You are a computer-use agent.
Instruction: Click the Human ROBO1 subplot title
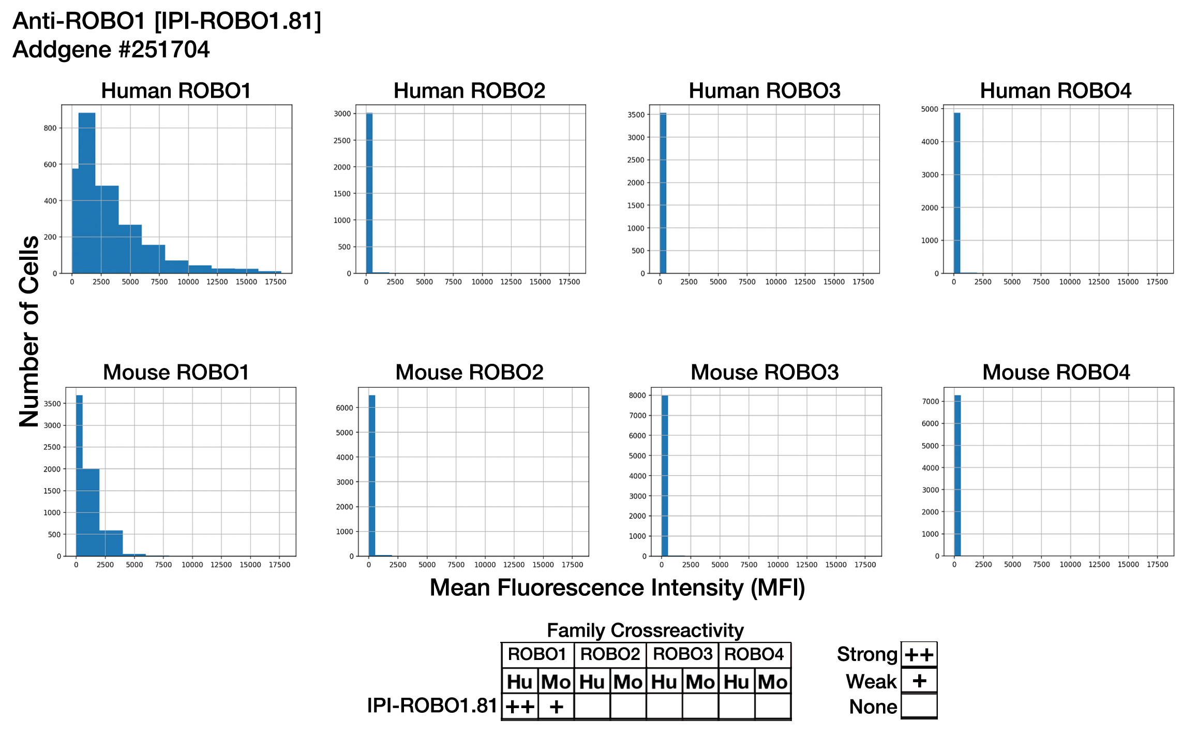click(176, 91)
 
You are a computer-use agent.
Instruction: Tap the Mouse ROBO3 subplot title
click(764, 372)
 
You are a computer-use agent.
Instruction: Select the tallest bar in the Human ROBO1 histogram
click(87, 192)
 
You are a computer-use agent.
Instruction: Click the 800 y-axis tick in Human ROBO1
click(50, 128)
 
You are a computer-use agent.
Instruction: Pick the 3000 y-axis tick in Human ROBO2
click(342, 113)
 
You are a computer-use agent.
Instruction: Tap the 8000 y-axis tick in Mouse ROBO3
click(637, 395)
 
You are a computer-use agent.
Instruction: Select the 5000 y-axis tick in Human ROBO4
click(930, 109)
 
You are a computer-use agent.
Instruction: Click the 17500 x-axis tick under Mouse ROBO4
click(1157, 565)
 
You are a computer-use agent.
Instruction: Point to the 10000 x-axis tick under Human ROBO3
click(776, 282)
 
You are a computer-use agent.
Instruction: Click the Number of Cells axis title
click(29, 331)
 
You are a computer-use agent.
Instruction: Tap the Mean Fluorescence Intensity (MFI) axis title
click(617, 588)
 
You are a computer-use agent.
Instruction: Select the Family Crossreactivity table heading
click(645, 630)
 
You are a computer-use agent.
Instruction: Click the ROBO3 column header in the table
click(682, 654)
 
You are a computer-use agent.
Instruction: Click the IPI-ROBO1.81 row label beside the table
click(432, 706)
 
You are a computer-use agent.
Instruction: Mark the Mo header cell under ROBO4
click(772, 682)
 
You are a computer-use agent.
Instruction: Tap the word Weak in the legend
click(871, 681)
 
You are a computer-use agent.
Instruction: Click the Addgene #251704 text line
click(111, 50)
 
